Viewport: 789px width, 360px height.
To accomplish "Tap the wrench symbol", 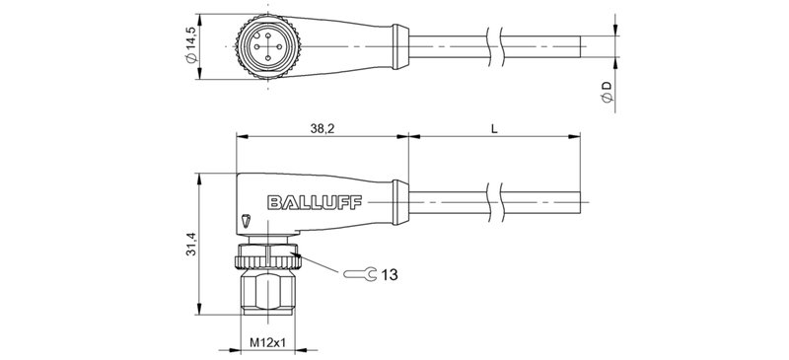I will pos(356,272).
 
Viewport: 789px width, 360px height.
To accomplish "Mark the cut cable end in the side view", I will pos(588,202).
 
